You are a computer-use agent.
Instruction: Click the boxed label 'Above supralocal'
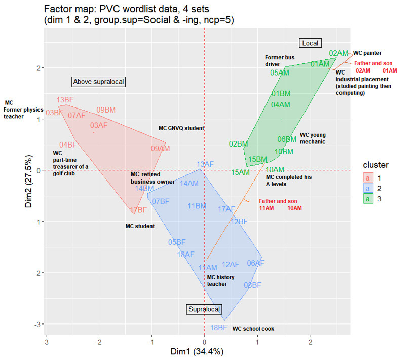(x=98, y=82)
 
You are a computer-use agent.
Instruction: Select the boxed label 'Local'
(x=310, y=43)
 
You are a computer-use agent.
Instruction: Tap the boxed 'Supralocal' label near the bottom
(x=205, y=309)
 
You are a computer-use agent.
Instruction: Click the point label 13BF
(x=65, y=100)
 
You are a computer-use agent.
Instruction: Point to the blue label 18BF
(x=218, y=328)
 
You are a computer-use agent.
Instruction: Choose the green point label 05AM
(x=280, y=73)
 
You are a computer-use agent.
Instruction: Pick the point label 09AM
(x=160, y=149)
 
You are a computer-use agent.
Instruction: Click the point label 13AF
(x=205, y=164)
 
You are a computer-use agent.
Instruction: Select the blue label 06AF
(x=255, y=263)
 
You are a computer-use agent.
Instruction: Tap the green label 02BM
(x=238, y=144)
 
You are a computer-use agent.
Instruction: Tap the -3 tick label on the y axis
(x=38, y=324)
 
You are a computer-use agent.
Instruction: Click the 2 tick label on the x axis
(x=311, y=341)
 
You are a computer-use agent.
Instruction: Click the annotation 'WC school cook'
(x=253, y=329)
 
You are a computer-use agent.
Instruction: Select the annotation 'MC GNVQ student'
(x=181, y=128)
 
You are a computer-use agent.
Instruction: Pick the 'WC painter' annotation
(x=367, y=53)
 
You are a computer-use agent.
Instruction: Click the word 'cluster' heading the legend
(x=375, y=165)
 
